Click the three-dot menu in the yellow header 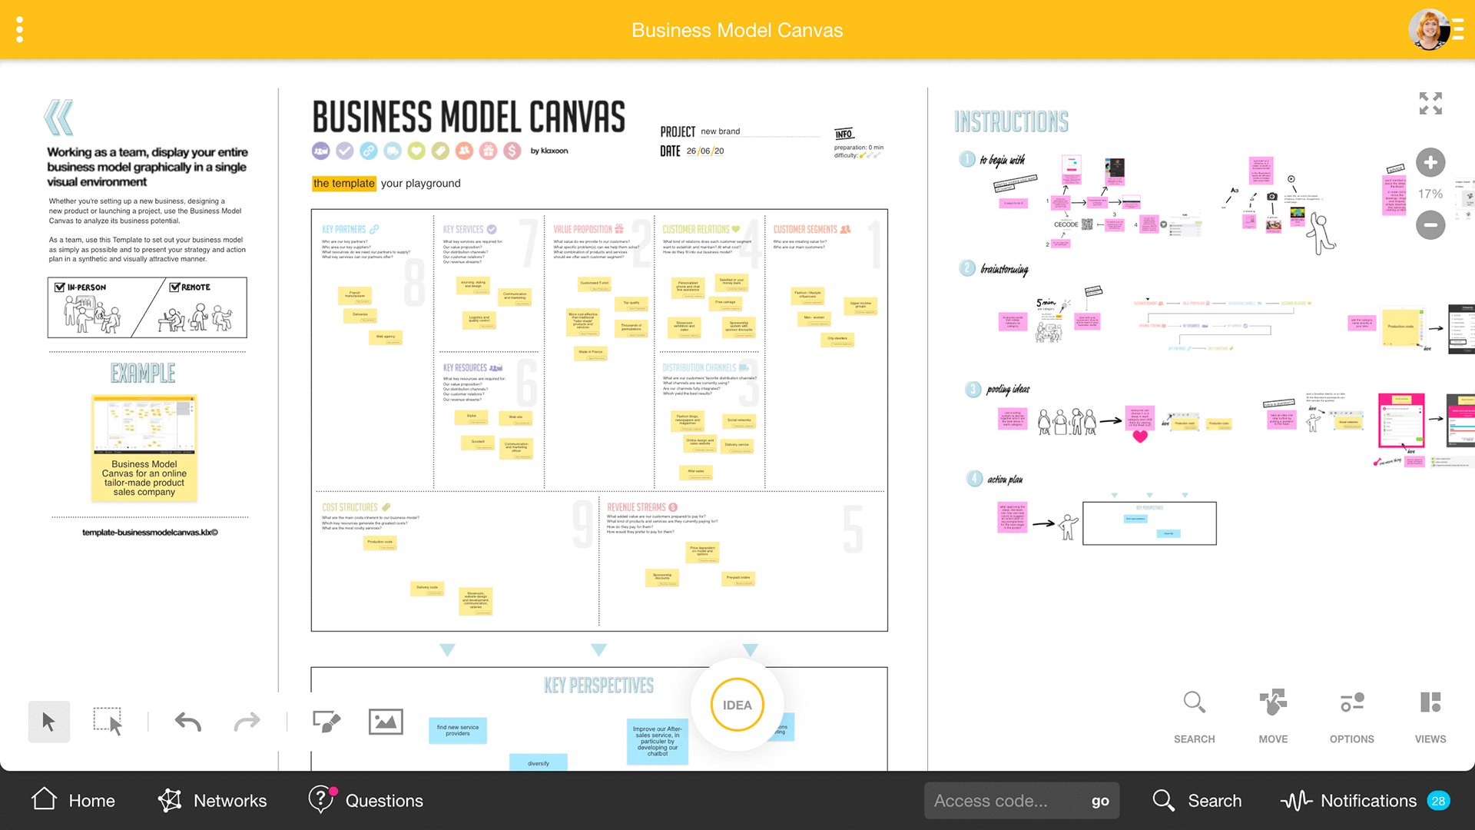[x=20, y=30]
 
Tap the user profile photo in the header [x=1428, y=30]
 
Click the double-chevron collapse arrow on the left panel [x=59, y=118]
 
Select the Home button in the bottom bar [x=74, y=800]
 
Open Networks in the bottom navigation [x=212, y=800]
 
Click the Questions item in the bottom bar [x=366, y=800]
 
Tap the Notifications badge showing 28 [x=1438, y=801]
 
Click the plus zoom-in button [x=1430, y=162]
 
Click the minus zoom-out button [x=1430, y=225]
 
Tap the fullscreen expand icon [x=1430, y=103]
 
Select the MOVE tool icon [x=1273, y=703]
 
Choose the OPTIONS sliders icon [x=1352, y=703]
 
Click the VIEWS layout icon [x=1430, y=703]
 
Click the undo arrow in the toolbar [x=188, y=722]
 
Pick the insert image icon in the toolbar [x=386, y=722]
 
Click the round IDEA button [x=737, y=705]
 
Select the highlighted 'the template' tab [x=343, y=183]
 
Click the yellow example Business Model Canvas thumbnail [x=144, y=448]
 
